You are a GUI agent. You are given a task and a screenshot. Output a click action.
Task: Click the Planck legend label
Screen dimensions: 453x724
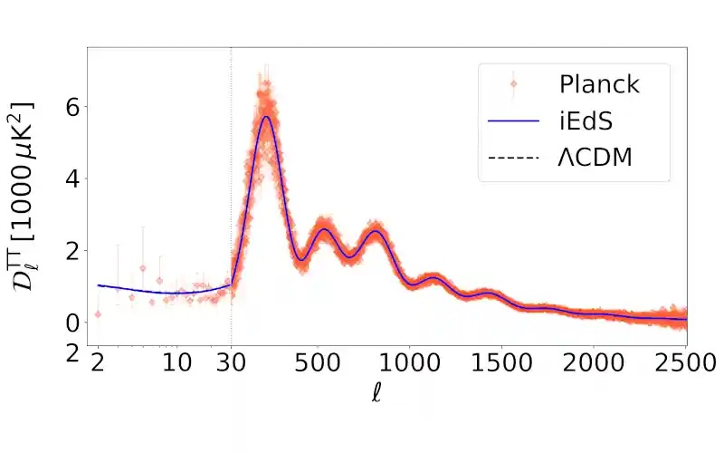pyautogui.click(x=599, y=84)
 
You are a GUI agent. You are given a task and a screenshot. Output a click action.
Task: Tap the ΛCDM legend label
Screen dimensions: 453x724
pyautogui.click(x=595, y=157)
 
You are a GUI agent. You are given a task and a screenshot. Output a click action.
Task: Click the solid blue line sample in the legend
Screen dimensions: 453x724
pyautogui.click(x=514, y=120)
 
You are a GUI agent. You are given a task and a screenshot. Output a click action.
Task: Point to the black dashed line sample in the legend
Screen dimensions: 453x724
pyautogui.click(x=514, y=157)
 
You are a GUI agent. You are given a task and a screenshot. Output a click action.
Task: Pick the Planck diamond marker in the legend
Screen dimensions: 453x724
pyautogui.click(x=514, y=84)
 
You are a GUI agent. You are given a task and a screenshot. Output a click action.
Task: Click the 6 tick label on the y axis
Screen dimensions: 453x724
pyautogui.click(x=70, y=107)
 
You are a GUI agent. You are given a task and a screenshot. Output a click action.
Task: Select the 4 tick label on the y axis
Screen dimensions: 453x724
pyautogui.click(x=70, y=178)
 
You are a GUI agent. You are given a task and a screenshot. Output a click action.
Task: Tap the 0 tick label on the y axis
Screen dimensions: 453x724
pyautogui.click(x=70, y=323)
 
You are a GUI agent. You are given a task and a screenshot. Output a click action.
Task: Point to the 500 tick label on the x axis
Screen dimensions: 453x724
pyautogui.click(x=317, y=364)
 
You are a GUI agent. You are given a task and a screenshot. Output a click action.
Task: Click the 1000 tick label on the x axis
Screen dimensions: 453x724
pyautogui.click(x=409, y=364)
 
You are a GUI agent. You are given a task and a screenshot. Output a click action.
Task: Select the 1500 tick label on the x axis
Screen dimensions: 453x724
pyautogui.click(x=501, y=364)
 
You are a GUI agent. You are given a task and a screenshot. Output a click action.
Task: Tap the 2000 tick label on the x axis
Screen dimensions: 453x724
pyautogui.click(x=594, y=364)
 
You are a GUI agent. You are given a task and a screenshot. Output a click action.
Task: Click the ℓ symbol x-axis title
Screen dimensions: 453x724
pyautogui.click(x=376, y=394)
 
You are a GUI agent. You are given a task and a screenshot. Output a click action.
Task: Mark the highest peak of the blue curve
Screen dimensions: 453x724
pyautogui.click(x=266, y=116)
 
